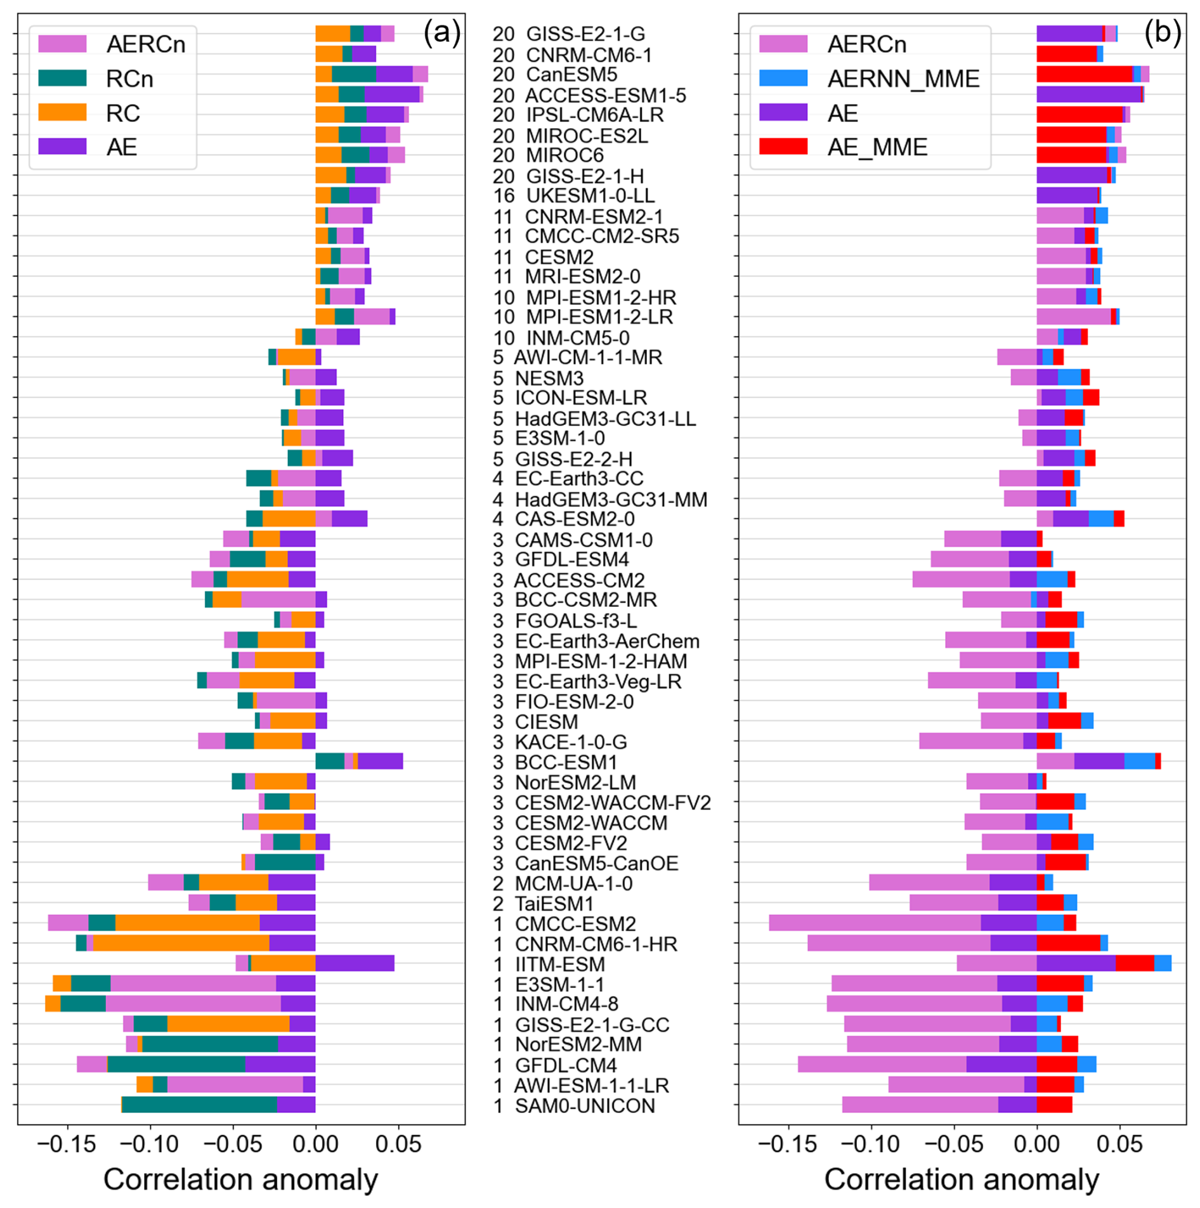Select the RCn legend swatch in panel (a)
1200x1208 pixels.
click(x=62, y=78)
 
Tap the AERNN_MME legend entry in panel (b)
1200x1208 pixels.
click(x=869, y=79)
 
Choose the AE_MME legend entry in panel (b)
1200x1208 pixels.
click(x=843, y=147)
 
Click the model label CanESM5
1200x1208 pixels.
click(x=571, y=75)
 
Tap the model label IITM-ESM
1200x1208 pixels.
click(x=560, y=964)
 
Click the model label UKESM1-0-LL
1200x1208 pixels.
click(x=590, y=196)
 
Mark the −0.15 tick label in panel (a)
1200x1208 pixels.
click(x=67, y=1145)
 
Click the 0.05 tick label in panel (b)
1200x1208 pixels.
click(x=1119, y=1145)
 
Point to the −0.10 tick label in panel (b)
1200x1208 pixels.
click(x=871, y=1145)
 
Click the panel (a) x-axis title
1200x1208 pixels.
click(x=241, y=1179)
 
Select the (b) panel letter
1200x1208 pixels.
click(x=1162, y=32)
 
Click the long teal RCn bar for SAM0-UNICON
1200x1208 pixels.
click(x=200, y=1105)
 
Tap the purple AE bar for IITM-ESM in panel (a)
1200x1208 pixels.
click(x=355, y=963)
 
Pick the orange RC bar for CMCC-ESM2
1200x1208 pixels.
click(x=188, y=923)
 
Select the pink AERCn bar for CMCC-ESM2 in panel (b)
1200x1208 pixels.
click(x=875, y=923)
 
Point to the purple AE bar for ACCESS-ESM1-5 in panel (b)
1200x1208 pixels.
click(x=1089, y=94)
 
